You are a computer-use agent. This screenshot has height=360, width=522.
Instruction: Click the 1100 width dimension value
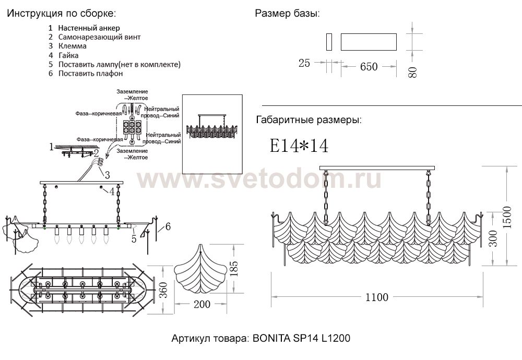[x=376, y=297]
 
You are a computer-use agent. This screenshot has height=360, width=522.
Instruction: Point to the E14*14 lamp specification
[x=299, y=146]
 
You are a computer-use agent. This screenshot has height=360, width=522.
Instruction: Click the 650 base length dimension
[x=369, y=66]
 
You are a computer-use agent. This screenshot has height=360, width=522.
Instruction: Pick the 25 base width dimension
[x=304, y=63]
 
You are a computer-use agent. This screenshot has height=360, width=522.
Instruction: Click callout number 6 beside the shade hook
[x=168, y=226]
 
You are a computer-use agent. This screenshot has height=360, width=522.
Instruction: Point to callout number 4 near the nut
[x=111, y=191]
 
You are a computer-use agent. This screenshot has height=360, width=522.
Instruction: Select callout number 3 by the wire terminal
[x=106, y=175]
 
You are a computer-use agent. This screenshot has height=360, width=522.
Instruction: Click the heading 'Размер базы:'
[x=287, y=14]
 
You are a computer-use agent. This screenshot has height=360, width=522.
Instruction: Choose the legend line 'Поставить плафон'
[x=90, y=74]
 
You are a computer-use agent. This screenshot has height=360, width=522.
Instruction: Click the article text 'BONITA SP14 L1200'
[x=301, y=339]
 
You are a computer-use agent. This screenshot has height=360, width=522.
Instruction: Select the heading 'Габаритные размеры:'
[x=309, y=121]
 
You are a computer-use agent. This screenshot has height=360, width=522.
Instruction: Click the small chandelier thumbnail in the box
[x=213, y=125]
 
